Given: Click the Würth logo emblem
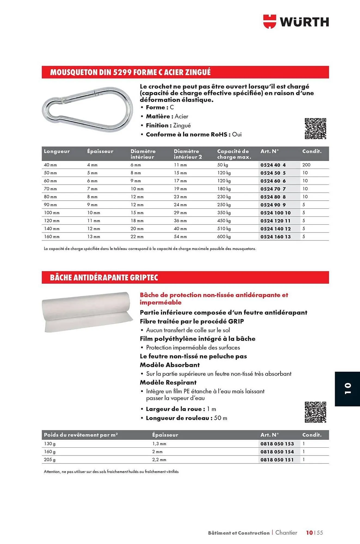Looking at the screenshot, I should pyautogui.click(x=269, y=22).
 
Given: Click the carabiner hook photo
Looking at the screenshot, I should pyautogui.click(x=88, y=109).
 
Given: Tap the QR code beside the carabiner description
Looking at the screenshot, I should pyautogui.click(x=315, y=129).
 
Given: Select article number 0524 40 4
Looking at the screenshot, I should pyautogui.click(x=273, y=165).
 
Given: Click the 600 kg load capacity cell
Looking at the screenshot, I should pyautogui.click(x=224, y=237).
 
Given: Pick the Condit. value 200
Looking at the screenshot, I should pyautogui.click(x=306, y=165).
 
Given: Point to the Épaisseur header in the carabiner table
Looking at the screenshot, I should pyautogui.click(x=100, y=152).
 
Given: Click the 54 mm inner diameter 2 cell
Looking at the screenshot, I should pyautogui.click(x=180, y=237).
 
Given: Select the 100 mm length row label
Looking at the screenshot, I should pyautogui.click(x=52, y=213).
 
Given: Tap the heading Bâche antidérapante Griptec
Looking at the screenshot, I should pyautogui.click(x=104, y=277).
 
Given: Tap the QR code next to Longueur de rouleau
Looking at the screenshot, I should pyautogui.click(x=315, y=412).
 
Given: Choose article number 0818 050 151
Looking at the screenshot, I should pyautogui.click(x=277, y=460).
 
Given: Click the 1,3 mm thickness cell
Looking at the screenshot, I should pyautogui.click(x=159, y=444).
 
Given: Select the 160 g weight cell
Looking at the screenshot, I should pyautogui.click(x=50, y=452).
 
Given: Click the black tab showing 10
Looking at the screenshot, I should pyautogui.click(x=347, y=389).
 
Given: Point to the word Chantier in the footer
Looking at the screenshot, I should pyautogui.click(x=286, y=533).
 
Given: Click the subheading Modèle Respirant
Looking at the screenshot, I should pyautogui.click(x=168, y=382).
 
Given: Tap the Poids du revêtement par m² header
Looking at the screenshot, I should pyautogui.click(x=81, y=435).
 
